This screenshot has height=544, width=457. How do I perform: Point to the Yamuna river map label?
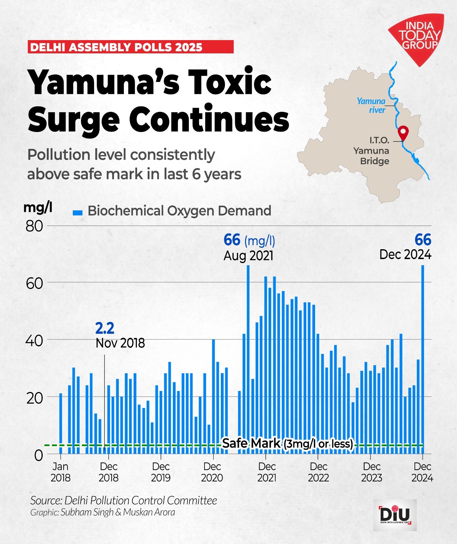[371, 105]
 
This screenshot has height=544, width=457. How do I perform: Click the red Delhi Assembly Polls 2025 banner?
[130, 47]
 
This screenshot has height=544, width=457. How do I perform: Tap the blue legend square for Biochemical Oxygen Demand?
[78, 213]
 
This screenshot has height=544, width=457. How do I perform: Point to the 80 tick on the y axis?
[34, 226]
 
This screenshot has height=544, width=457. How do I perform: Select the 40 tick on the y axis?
[34, 341]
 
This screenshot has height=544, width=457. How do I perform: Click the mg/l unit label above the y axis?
[38, 207]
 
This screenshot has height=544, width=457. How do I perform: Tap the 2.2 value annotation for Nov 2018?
[104, 328]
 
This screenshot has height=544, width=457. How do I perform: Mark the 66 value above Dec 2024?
[423, 240]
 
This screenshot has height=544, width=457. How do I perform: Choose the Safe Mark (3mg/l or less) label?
[288, 444]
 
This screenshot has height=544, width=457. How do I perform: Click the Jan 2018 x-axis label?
[61, 472]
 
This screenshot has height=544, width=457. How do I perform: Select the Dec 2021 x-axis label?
[267, 472]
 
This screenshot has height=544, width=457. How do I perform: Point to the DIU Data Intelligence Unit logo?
[395, 515]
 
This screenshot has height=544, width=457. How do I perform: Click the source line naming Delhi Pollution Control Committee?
[124, 500]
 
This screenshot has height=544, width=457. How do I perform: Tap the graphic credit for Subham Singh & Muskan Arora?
[102, 512]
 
